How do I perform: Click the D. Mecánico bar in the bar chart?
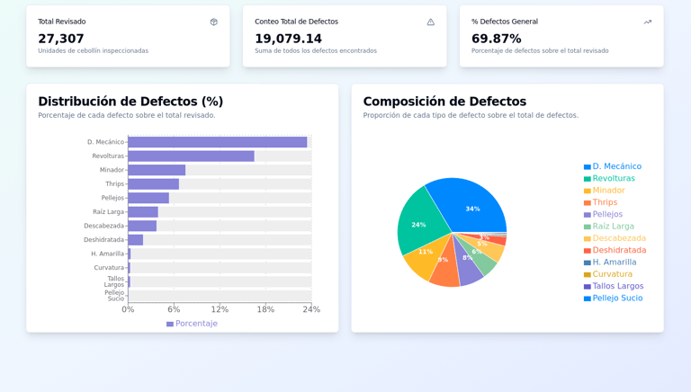217,142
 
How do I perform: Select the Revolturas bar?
191,156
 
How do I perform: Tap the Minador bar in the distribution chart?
157,170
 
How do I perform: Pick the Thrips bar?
153,184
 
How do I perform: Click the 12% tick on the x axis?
220,309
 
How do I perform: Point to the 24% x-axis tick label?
311,309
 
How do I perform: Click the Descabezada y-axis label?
103,226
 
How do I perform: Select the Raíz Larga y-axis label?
108,212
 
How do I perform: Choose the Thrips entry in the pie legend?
605,202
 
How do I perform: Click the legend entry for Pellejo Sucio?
617,298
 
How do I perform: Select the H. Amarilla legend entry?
614,263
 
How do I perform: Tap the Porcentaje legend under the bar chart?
192,324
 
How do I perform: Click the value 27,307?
61,39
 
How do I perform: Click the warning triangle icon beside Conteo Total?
430,22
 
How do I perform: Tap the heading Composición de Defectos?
444,102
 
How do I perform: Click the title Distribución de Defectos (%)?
130,102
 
